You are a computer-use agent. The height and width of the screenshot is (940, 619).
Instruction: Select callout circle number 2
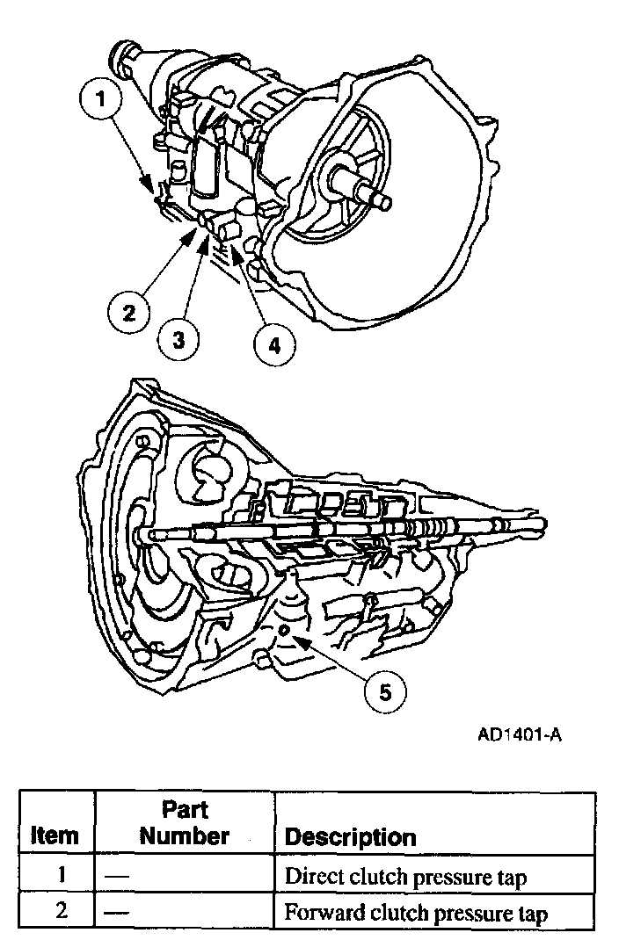[x=129, y=312]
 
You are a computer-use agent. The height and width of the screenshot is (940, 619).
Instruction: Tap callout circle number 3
[x=179, y=338]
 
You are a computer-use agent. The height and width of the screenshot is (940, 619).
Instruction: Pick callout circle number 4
[x=274, y=345]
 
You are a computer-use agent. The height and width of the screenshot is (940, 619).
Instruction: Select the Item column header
[x=54, y=835]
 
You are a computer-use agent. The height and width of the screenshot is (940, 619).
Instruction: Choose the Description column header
[x=350, y=836]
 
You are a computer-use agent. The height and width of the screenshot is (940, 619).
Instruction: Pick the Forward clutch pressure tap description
[x=415, y=913]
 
